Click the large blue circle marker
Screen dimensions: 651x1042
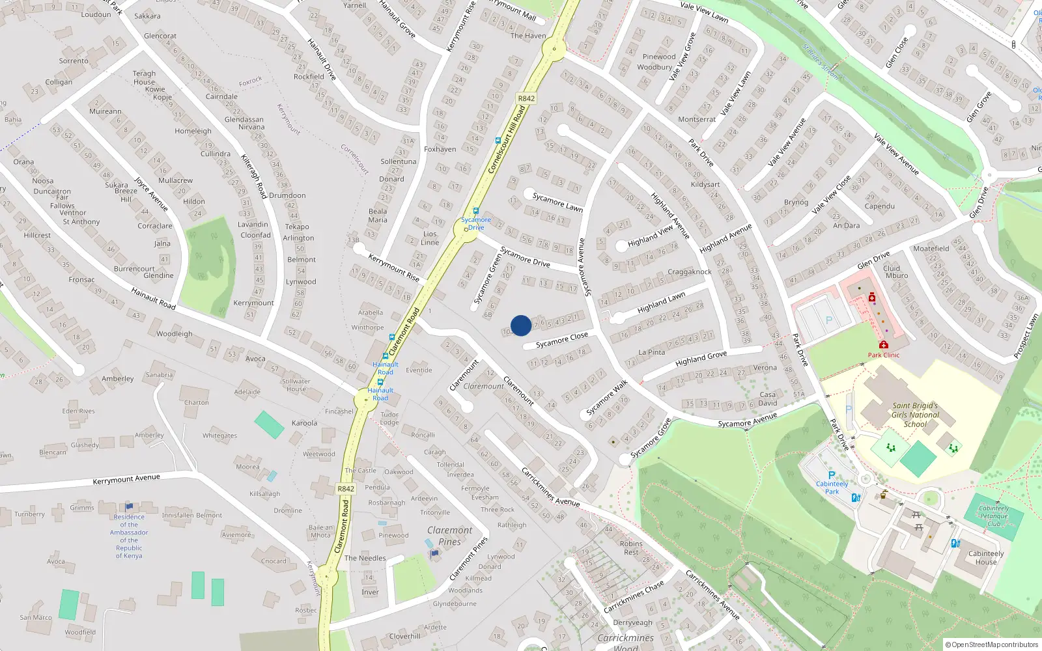[521, 325]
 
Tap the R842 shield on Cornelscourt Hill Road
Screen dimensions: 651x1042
[526, 98]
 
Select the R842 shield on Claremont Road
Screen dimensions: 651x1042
[346, 489]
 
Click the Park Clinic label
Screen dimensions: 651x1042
[883, 355]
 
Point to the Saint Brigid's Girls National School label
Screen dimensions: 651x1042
[915, 415]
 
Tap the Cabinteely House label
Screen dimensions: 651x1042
[986, 558]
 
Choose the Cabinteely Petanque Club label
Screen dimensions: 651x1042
[994, 516]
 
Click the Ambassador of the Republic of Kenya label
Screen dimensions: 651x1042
[129, 536]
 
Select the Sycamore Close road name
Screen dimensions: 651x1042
[561, 339]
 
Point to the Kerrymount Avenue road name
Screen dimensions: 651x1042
[126, 479]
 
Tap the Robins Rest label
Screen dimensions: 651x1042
[631, 547]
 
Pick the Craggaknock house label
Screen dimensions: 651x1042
[690, 271]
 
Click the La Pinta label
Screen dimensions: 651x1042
[652, 352]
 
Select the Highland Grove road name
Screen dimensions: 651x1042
[701, 359]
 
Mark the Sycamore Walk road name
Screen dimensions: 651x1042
[606, 398]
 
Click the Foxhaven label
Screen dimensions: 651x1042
[440, 149]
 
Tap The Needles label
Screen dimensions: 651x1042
[365, 558]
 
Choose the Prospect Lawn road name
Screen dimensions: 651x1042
[1025, 336]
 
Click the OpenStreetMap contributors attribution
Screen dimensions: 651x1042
[992, 644]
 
